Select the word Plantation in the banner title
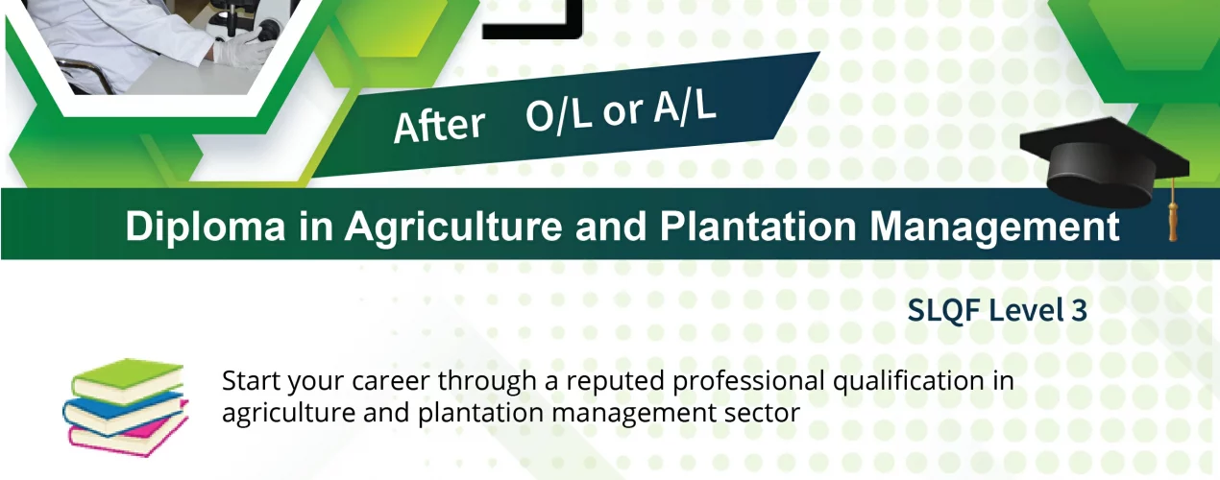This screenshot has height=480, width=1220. coord(758,226)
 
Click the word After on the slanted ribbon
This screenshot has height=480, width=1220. coord(439,127)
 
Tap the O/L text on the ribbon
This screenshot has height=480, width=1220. coord(559,116)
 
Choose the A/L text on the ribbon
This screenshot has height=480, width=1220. coord(685,106)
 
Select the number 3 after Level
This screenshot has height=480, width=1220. coord(1079,310)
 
